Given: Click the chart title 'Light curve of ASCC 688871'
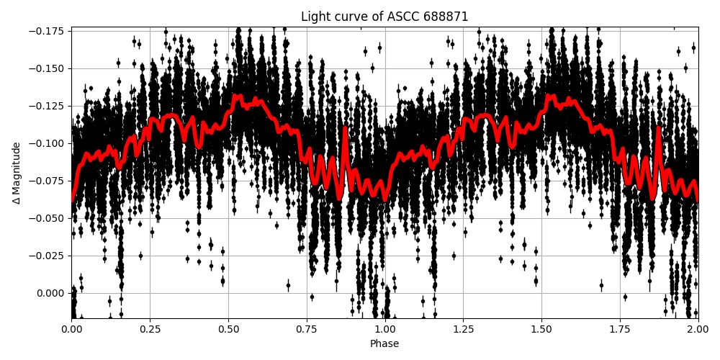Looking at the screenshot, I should (384, 17).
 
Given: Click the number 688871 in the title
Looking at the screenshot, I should (446, 17).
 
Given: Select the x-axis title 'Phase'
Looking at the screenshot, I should (384, 344).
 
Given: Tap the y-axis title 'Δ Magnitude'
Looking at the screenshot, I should (17, 173).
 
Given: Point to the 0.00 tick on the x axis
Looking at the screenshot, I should (71, 328).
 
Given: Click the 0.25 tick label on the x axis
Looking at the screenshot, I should (150, 328).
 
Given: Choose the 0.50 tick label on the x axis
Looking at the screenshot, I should (228, 328).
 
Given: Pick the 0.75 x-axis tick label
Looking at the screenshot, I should (307, 328).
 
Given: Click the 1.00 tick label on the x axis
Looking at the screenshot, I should (384, 328).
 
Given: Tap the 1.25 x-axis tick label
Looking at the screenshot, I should (463, 328).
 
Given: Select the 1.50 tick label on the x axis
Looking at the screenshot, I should (541, 328).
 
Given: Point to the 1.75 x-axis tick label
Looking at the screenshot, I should (620, 328).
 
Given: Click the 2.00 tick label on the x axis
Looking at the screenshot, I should (698, 328).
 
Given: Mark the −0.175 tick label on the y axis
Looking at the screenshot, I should (48, 31).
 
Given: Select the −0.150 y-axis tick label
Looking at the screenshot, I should (48, 68).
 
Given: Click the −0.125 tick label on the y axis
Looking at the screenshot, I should (48, 106).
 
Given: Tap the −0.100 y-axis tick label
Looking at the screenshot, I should (48, 143).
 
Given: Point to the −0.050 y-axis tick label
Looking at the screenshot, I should (48, 218).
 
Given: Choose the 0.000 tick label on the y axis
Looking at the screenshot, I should (51, 293).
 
